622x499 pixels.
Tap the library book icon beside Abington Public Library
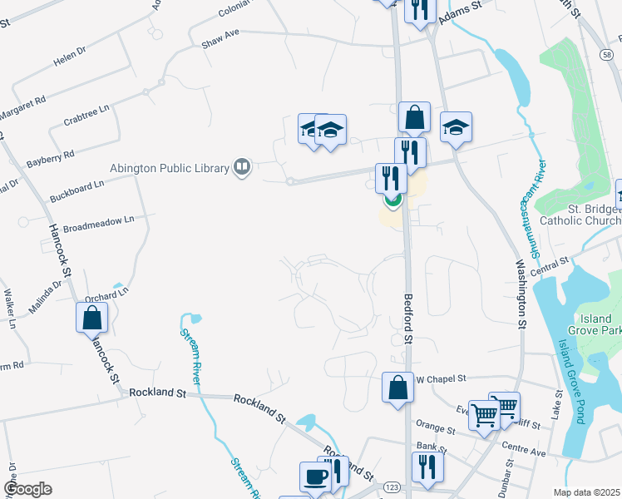[242, 168]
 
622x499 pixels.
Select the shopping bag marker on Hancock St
[91, 317]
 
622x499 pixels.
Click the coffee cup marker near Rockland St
[315, 477]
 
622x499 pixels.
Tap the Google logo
[28, 489]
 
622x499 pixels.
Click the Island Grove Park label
[596, 325]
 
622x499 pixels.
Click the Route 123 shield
[392, 485]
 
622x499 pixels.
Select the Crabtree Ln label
[86, 116]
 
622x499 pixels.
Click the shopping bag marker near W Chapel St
[398, 387]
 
